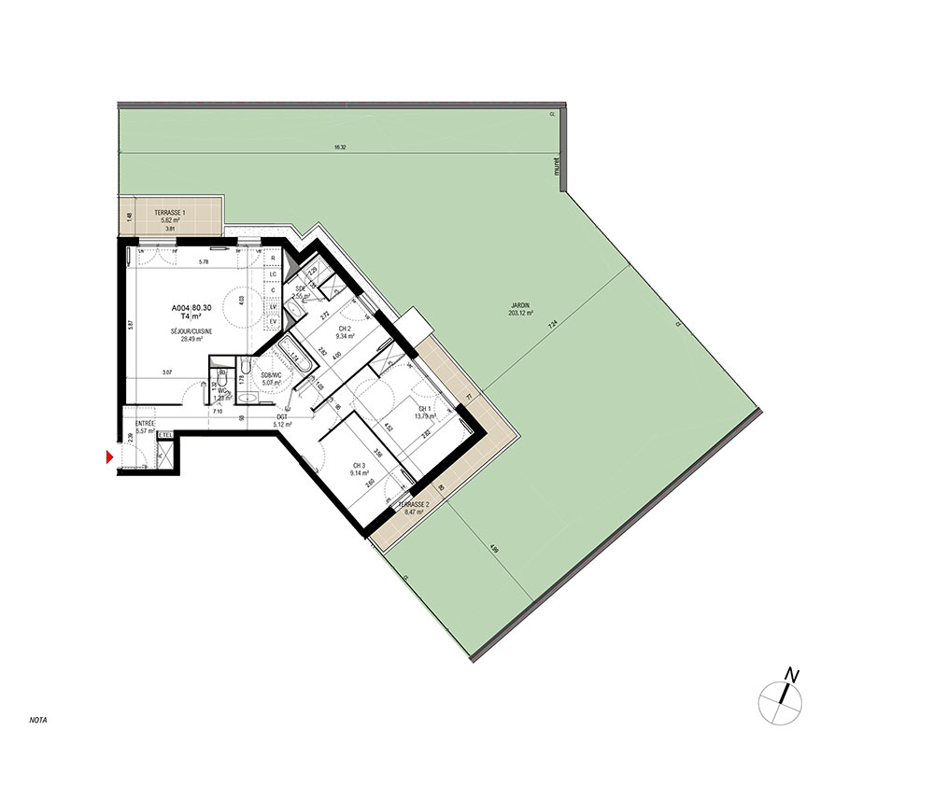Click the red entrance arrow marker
tap(110, 456)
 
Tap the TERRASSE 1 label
tap(170, 213)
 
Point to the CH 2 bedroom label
tap(344, 329)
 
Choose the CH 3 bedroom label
tap(358, 465)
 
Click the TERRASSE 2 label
tap(413, 505)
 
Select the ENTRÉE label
tap(144, 423)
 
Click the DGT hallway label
tap(281, 417)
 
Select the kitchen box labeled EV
tap(274, 321)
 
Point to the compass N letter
tap(792, 674)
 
